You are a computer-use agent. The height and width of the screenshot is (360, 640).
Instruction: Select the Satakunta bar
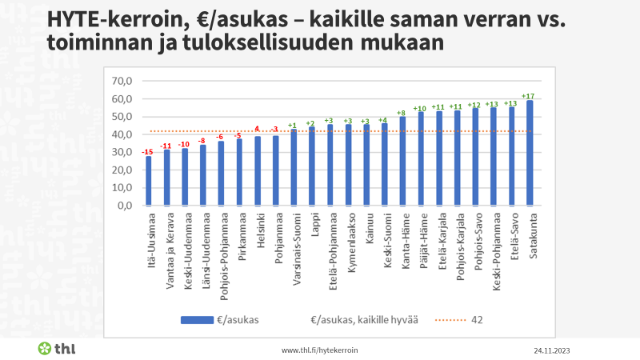pos(530,153)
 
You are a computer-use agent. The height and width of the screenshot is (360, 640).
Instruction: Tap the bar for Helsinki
pos(258,170)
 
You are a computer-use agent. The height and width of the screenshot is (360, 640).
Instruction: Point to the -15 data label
pos(147,152)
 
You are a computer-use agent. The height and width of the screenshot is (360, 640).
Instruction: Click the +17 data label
pos(528,96)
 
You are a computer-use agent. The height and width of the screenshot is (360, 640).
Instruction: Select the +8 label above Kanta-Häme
pos(402,114)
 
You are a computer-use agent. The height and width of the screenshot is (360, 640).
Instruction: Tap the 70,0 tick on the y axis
pos(121,82)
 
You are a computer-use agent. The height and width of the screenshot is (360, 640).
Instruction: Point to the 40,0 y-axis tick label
pos(121,134)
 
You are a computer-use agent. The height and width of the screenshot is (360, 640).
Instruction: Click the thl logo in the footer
pos(57,348)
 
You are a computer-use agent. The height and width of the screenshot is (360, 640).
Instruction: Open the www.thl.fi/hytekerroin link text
pos(319,350)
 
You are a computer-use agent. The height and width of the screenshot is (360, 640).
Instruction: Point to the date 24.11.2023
pos(551,350)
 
